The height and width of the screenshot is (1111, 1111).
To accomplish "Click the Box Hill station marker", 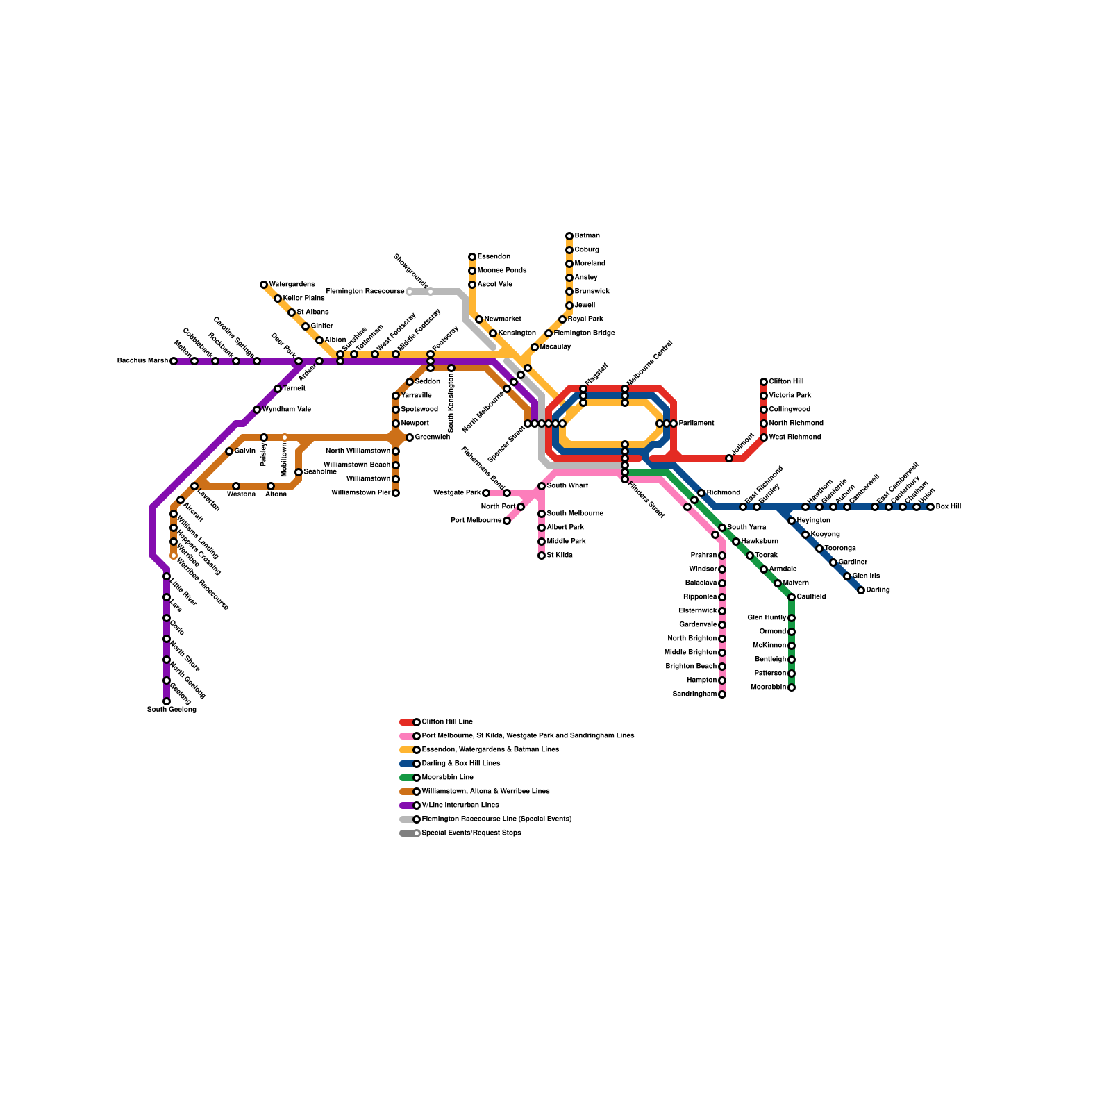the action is (930, 507).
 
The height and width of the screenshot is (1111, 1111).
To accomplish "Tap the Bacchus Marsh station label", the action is (142, 361).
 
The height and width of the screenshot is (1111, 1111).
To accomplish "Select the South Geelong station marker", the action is (167, 701).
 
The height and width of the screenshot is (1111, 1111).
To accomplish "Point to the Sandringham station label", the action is (694, 694).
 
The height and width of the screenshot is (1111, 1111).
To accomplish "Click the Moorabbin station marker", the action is (792, 687).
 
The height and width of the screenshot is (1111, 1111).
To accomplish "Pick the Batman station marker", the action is (569, 236).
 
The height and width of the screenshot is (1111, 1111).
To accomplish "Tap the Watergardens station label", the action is (292, 285).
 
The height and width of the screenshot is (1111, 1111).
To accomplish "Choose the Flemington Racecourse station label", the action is (365, 292).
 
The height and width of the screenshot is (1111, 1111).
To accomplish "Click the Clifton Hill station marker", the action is (764, 382).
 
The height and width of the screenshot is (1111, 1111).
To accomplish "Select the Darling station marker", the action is (861, 590).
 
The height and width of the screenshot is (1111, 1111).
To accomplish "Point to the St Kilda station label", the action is (560, 555).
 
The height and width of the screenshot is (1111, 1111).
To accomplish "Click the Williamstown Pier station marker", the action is (396, 493).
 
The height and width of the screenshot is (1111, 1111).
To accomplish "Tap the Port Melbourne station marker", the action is (507, 521).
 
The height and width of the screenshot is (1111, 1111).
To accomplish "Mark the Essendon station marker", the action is (472, 257).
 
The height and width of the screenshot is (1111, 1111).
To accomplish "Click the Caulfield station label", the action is (812, 597).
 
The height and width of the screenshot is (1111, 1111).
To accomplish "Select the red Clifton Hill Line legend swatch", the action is (407, 722).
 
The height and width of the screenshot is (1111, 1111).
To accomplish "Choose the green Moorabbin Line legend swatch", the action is (407, 778).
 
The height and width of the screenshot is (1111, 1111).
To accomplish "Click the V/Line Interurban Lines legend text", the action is (460, 805).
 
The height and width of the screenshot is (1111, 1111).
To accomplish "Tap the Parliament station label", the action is (696, 424).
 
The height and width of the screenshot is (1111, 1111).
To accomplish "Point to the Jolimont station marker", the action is (729, 458).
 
